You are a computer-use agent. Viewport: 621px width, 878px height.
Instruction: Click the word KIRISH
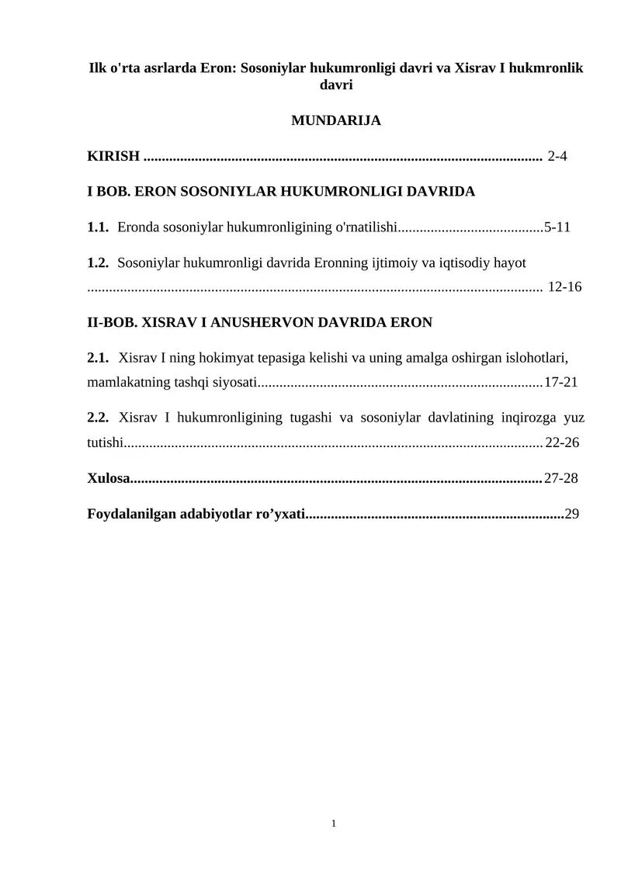[113, 156]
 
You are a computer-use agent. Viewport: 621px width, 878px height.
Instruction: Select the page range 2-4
[557, 156]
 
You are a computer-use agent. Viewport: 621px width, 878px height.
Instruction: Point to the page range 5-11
[557, 227]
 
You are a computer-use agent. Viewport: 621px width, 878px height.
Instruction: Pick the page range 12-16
[565, 286]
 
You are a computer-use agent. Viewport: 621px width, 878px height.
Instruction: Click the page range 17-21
[560, 382]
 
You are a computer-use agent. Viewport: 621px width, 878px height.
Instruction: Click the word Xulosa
[108, 477]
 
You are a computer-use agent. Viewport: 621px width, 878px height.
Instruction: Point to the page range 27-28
[560, 477]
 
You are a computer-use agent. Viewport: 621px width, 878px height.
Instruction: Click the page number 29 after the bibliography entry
[572, 513]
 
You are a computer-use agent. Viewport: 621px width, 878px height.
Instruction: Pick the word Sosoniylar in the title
[272, 68]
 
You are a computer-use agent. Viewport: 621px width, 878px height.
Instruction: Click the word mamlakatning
[123, 382]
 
